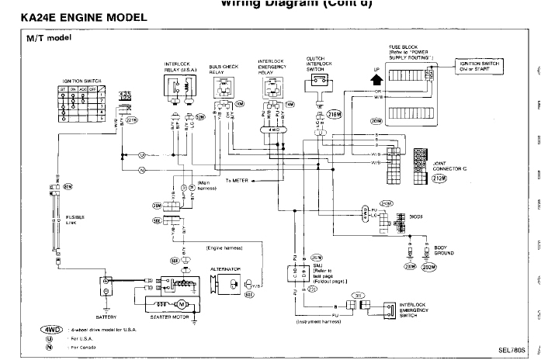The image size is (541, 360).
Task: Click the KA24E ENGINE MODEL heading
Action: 74,16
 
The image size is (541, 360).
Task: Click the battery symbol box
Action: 106,289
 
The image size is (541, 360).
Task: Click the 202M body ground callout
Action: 428,267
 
